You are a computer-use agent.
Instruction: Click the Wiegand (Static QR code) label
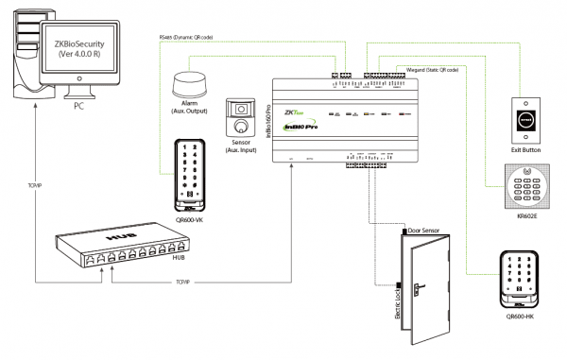click(x=433, y=69)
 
